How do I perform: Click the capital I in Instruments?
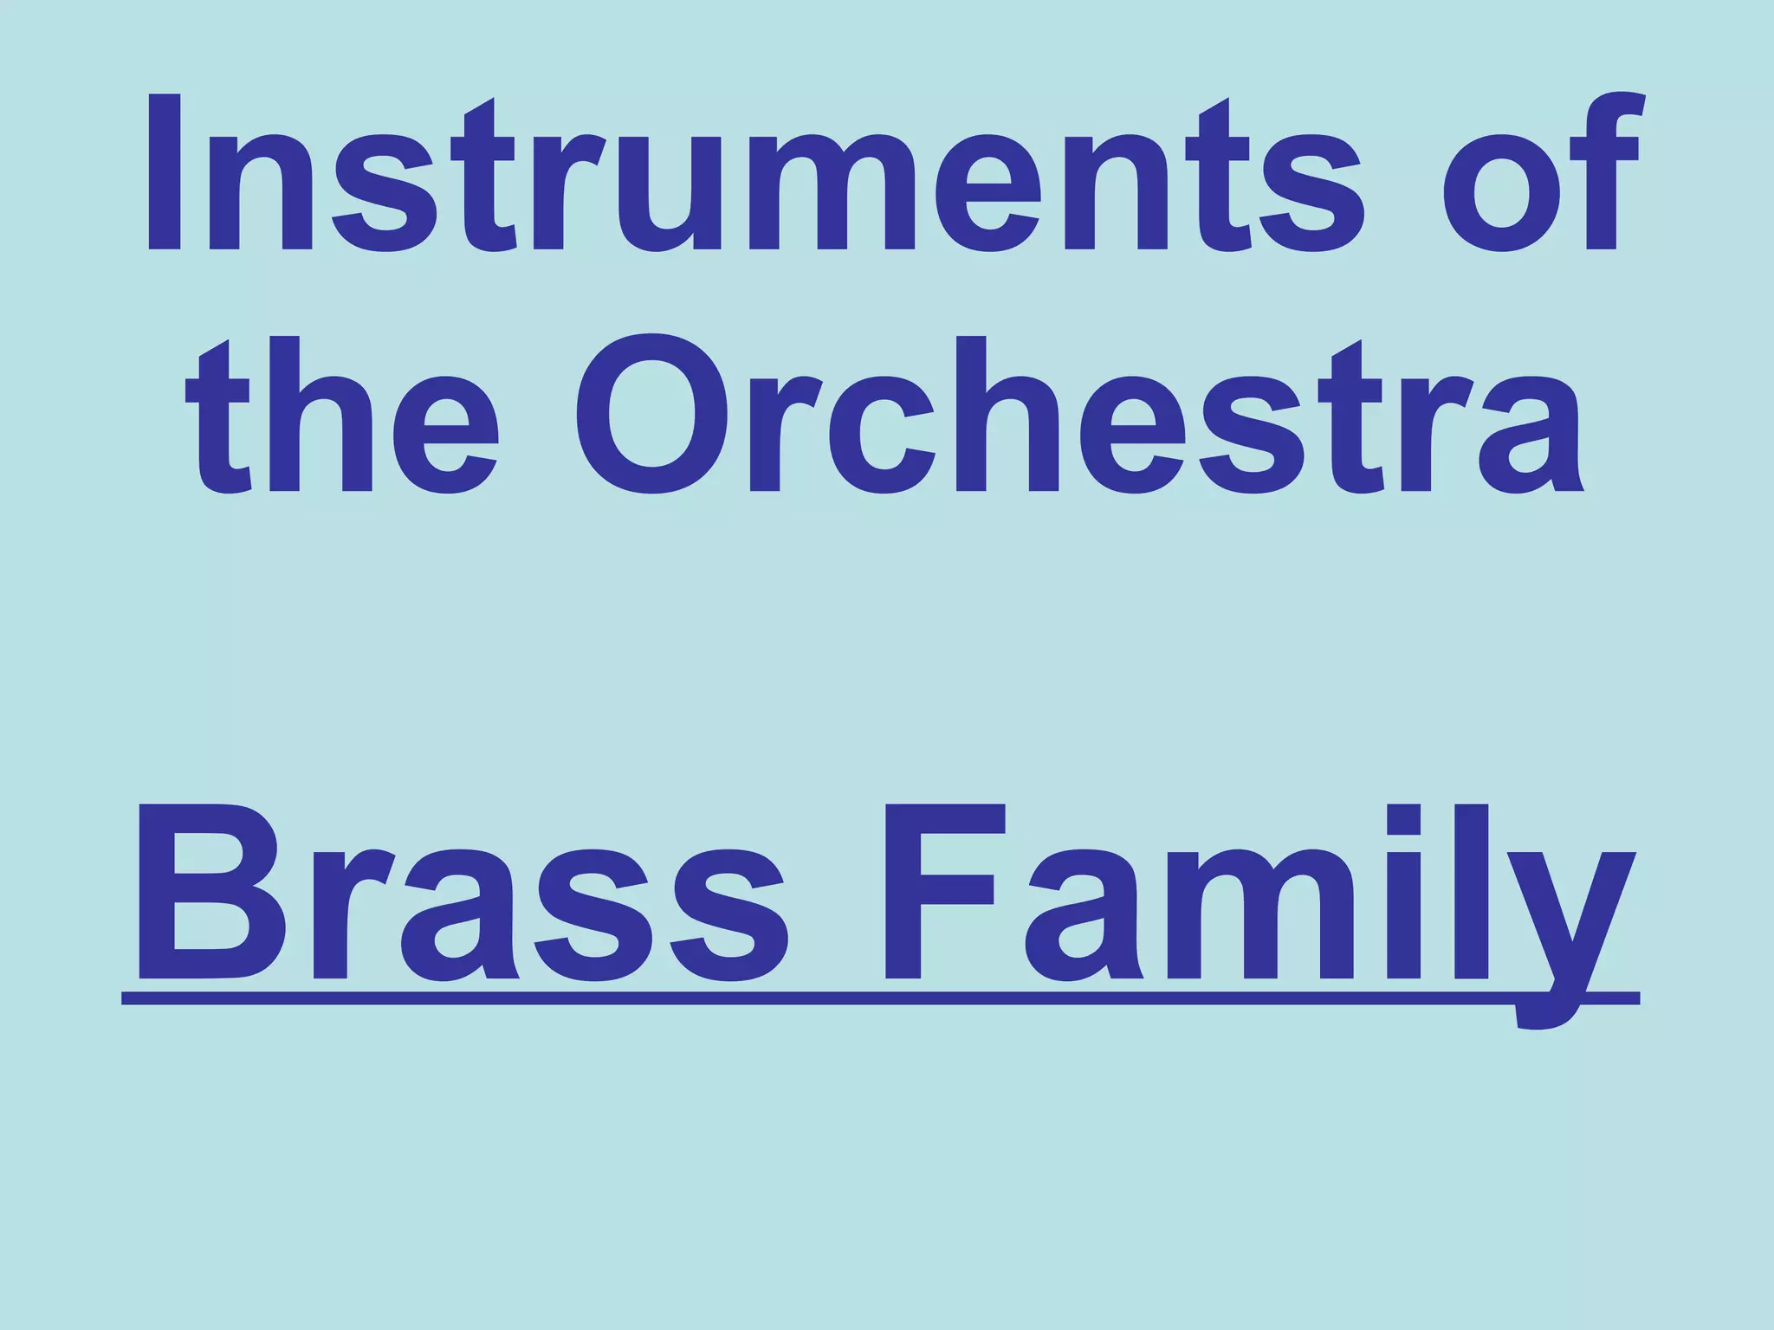165,173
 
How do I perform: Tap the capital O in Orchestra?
652,416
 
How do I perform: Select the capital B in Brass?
208,892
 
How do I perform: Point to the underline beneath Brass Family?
866,997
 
